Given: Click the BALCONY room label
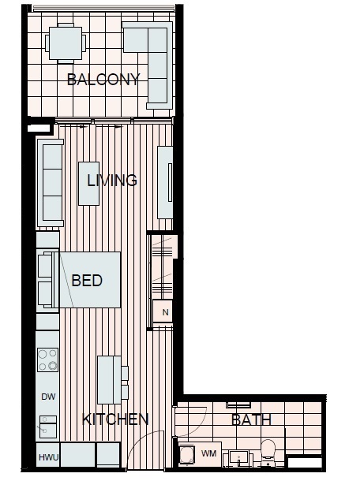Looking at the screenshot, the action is pyautogui.click(x=103, y=80).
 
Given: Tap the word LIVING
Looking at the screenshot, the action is pyautogui.click(x=112, y=180).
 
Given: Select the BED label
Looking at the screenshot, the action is pyautogui.click(x=87, y=280).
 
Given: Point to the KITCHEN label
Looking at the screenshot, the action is pyautogui.click(x=115, y=419).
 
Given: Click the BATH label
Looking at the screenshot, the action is pyautogui.click(x=251, y=419).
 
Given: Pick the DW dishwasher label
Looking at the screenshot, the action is pyautogui.click(x=48, y=397).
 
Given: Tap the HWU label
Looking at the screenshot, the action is pyautogui.click(x=48, y=457).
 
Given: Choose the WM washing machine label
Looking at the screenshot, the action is pyautogui.click(x=208, y=453).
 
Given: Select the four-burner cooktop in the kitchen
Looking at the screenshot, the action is pyautogui.click(x=48, y=360).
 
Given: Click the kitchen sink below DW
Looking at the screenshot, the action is pyautogui.click(x=48, y=427).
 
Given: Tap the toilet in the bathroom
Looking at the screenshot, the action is pyautogui.click(x=268, y=452).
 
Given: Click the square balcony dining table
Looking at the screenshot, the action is pyautogui.click(x=66, y=43).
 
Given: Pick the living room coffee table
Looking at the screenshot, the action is pyautogui.click(x=88, y=184).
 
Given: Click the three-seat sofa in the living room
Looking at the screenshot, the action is pyautogui.click(x=51, y=183).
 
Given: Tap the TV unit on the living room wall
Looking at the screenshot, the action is pyautogui.click(x=165, y=182).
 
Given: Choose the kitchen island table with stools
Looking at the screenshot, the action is pyautogui.click(x=113, y=380).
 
